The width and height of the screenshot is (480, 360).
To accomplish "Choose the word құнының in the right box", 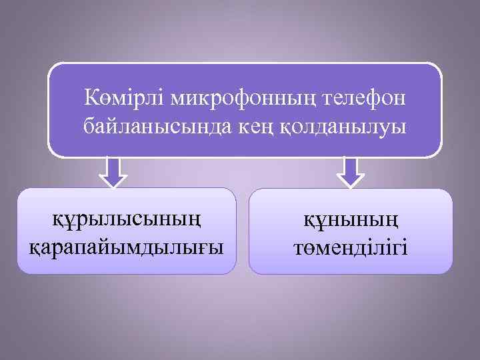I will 350,219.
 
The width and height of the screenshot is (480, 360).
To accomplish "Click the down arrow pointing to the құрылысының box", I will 113,173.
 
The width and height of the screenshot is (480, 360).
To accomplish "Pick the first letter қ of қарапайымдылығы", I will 35,247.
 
